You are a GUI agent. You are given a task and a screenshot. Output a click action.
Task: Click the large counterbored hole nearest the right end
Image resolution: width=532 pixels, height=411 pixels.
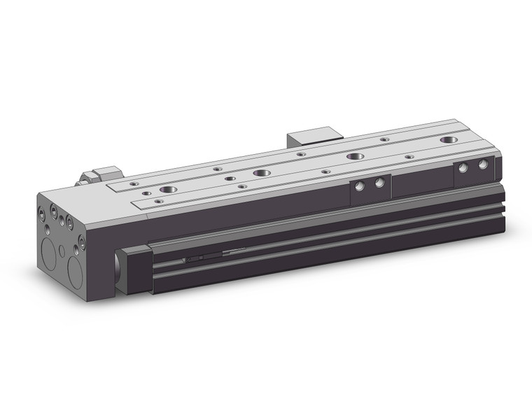(x=449, y=140)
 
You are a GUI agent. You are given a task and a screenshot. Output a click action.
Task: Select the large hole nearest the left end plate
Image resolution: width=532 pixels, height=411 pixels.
(x=168, y=190)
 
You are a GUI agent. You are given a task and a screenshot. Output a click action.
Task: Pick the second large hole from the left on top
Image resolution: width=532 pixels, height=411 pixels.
(x=262, y=172)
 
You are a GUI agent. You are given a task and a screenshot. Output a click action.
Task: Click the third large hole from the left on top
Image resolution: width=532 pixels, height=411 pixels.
(x=356, y=156)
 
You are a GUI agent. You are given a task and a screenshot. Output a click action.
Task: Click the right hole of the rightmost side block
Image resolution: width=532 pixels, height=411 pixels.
(x=482, y=164)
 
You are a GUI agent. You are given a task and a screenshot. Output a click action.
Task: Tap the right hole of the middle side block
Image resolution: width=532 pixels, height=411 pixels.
(x=379, y=183)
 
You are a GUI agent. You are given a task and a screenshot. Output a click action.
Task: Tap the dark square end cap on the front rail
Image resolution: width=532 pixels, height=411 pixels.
(x=135, y=270)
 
